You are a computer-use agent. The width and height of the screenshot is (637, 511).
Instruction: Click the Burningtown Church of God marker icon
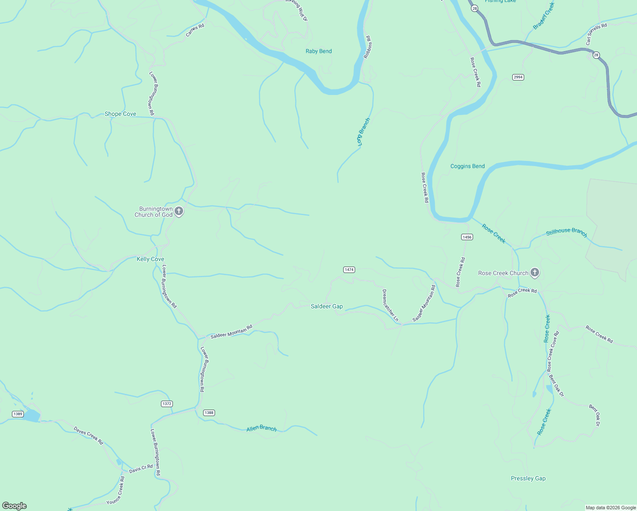pos(179,211)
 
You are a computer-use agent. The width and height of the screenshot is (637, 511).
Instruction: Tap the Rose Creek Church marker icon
pos(535,273)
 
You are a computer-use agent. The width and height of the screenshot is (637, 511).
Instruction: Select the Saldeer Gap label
pos(327,306)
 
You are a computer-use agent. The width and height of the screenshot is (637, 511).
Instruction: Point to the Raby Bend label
pos(318,51)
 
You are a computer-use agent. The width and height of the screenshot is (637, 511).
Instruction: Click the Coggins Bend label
pos(468,166)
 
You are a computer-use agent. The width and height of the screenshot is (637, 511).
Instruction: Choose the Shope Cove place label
pos(121,114)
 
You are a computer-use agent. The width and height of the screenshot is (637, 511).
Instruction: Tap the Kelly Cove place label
pos(150,259)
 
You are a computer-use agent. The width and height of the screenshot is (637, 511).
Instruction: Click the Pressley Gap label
pos(528,478)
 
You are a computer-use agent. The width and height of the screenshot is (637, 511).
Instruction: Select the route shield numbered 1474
pos(349,270)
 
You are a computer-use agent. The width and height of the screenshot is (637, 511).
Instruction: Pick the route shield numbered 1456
pos(467,237)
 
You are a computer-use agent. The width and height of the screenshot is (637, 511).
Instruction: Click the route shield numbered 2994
pos(518,77)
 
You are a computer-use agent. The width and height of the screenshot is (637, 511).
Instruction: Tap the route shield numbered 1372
pos(167,404)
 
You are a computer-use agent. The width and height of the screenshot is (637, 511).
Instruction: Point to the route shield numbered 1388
pos(209,413)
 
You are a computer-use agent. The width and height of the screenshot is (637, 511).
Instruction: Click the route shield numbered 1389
pos(17,414)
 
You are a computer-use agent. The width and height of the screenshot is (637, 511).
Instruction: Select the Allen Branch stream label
pos(261,428)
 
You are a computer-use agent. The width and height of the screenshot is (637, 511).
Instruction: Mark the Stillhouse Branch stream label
pos(566,232)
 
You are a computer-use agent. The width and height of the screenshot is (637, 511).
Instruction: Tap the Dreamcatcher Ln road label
pos(390,305)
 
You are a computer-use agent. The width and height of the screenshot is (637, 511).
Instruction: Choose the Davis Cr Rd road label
pos(141,468)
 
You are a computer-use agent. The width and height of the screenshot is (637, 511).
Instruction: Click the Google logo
pos(14,506)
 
